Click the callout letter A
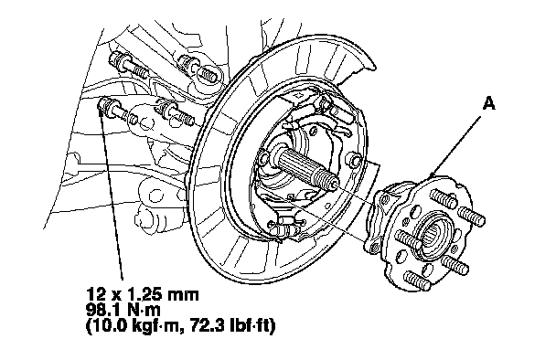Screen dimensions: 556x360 coord(489,103)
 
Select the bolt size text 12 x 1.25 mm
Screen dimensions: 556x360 coord(142,294)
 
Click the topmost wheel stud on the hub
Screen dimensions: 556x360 coord(444,198)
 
